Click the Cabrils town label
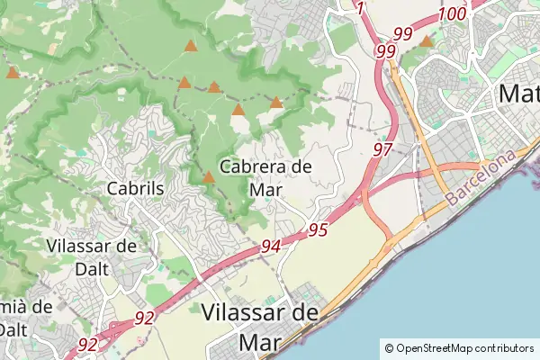pyautogui.click(x=135, y=189)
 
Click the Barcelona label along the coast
pyautogui.click(x=482, y=176)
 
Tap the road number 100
pyautogui.click(x=454, y=13)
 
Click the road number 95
pyautogui.click(x=317, y=229)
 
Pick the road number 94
pyautogui.click(x=272, y=246)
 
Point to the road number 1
pyautogui.click(x=361, y=9)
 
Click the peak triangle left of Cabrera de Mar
pyautogui.click(x=209, y=177)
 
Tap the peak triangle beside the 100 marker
pyautogui.click(x=427, y=40)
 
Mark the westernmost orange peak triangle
pyautogui.click(x=12, y=72)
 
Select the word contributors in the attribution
pyautogui.click(x=504, y=348)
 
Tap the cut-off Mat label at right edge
pyautogui.click(x=518, y=93)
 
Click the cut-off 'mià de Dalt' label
pyautogui.click(x=25, y=317)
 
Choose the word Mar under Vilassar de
pyautogui.click(x=260, y=342)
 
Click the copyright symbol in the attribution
pyautogui.click(x=389, y=348)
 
